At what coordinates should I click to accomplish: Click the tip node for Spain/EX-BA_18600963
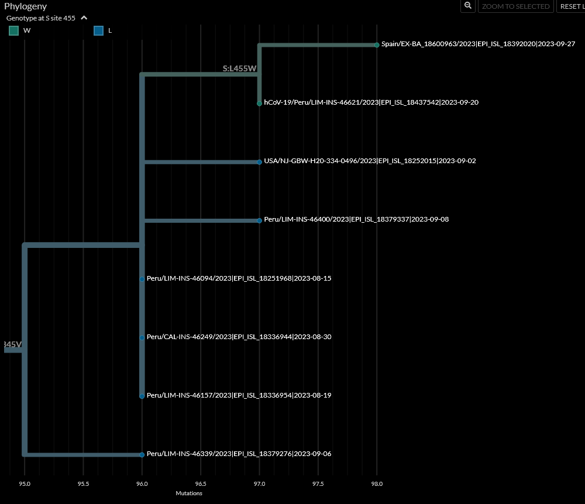(377, 45)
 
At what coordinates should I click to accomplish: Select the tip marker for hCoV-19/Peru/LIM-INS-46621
(259, 103)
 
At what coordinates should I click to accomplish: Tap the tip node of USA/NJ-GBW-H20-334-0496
(259, 162)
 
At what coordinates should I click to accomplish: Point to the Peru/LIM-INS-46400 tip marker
(259, 220)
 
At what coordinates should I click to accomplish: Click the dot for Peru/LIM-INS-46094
(142, 279)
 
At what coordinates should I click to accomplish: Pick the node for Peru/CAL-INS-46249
(142, 337)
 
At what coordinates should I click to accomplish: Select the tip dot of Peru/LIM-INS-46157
(142, 396)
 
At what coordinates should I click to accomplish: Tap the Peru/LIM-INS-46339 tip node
(142, 454)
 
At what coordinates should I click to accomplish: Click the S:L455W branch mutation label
(239, 68)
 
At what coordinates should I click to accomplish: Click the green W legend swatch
(14, 30)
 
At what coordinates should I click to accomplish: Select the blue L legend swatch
(99, 30)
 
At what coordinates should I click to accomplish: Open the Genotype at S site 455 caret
(84, 18)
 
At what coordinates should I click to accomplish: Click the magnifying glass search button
(468, 6)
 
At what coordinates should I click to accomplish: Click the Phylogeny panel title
(26, 6)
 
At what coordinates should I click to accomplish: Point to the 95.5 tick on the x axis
(83, 484)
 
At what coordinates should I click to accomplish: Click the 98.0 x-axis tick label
(377, 484)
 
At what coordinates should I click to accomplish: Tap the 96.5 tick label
(201, 484)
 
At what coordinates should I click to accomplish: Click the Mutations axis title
(189, 493)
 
